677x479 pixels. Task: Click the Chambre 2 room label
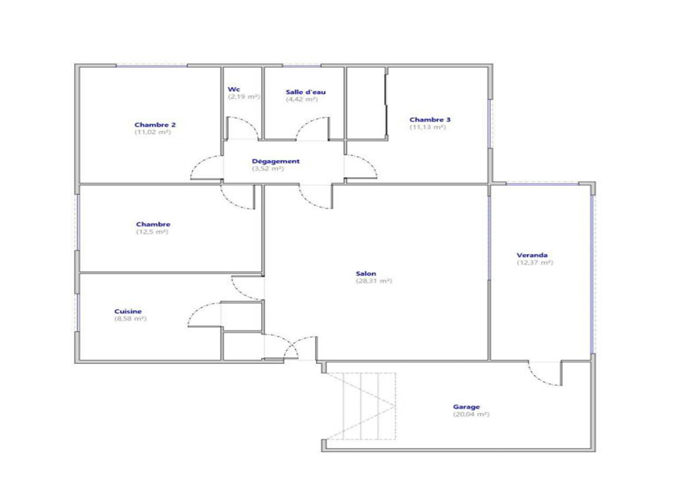[155, 125]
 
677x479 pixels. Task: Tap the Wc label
[234, 89]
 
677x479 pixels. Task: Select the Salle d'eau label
[306, 92]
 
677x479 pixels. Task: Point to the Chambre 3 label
[430, 119]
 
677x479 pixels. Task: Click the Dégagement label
[276, 161]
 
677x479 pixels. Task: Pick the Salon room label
[366, 274]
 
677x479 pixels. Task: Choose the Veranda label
[532, 255]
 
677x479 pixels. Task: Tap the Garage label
[467, 407]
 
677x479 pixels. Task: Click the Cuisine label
[128, 311]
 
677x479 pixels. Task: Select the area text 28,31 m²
[374, 281]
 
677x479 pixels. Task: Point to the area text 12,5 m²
[152, 232]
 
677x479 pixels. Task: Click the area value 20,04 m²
[471, 415]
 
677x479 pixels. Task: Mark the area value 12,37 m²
[535, 263]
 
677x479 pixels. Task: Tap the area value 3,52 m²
[268, 169]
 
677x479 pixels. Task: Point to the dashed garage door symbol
[361, 406]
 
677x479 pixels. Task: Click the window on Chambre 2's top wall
[152, 65]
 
